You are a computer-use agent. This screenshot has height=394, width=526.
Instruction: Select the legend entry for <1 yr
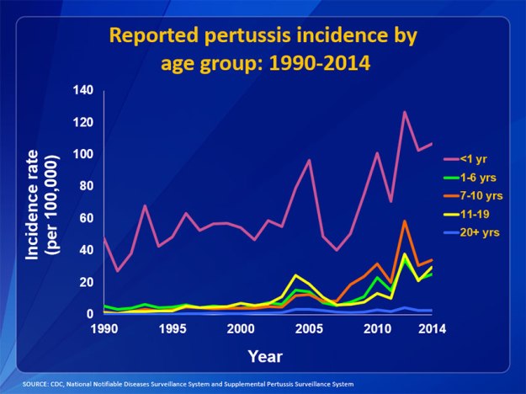473,158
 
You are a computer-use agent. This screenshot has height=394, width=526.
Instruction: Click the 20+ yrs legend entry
481,232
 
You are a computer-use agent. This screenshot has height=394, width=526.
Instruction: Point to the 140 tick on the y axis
82,90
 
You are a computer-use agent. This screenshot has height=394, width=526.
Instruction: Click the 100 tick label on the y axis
82,154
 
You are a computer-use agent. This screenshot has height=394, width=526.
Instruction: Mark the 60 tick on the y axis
86,218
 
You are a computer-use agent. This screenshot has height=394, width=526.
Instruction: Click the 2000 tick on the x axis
241,327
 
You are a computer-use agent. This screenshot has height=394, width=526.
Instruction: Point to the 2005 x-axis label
311,327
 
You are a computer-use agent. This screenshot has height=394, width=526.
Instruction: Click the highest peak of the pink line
405,112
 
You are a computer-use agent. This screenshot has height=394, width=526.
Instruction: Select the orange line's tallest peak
405,221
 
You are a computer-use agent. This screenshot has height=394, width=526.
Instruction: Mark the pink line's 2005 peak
310,160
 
